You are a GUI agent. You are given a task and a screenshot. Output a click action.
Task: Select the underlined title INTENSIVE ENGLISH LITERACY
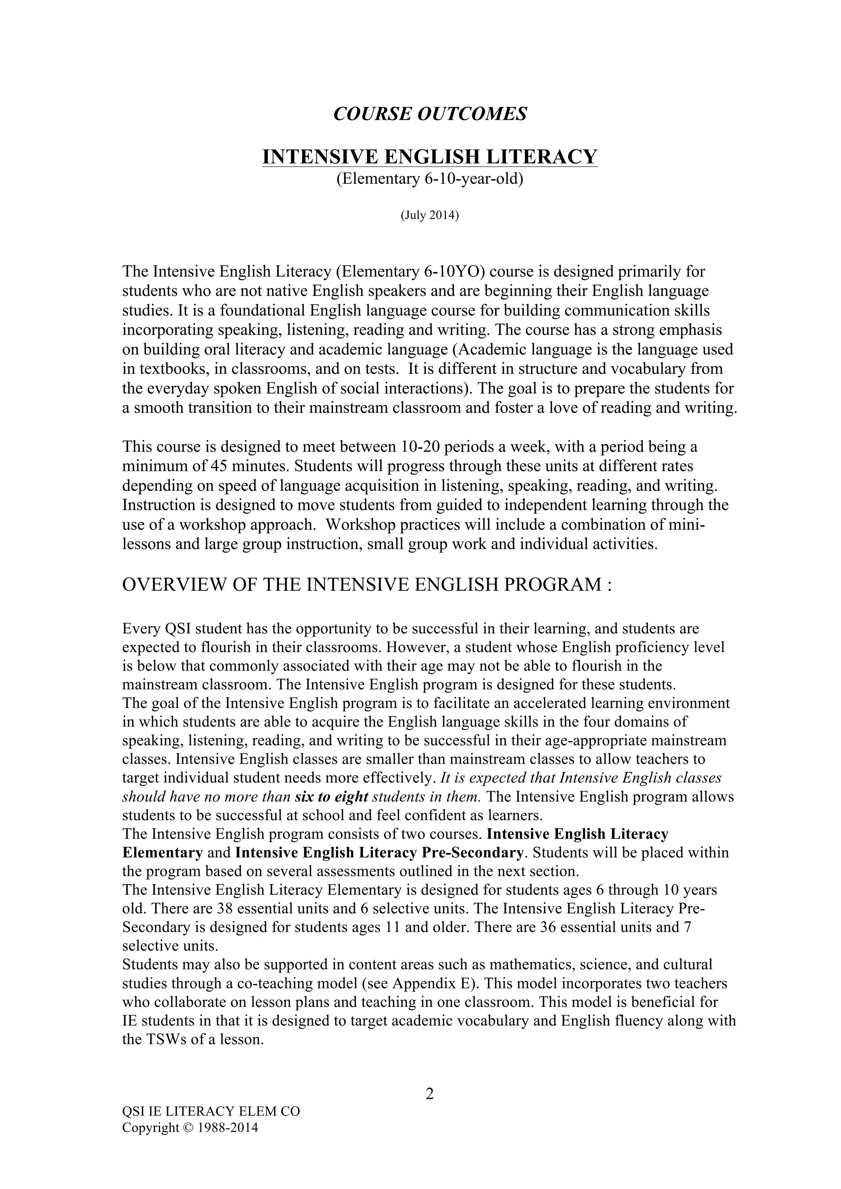coord(430,156)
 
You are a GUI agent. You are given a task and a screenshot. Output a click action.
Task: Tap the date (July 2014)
coord(430,215)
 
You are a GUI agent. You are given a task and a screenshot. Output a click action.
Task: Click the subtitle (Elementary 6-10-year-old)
coord(430,179)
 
